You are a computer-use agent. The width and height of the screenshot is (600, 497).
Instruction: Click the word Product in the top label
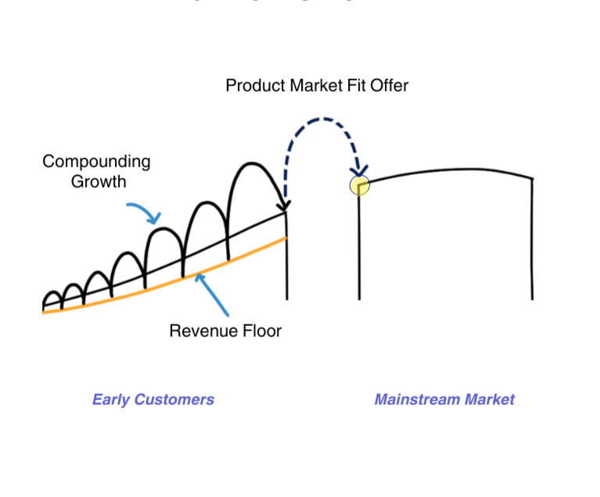pos(254,85)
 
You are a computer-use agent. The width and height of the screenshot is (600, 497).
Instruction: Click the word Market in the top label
pos(318,85)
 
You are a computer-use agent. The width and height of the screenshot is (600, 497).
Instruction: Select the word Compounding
pos(96,163)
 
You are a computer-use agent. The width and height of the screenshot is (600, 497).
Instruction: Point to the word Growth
pos(99,181)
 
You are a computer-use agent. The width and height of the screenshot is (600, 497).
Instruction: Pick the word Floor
pos(261,331)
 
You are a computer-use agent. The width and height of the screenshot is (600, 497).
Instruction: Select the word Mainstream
pos(417,399)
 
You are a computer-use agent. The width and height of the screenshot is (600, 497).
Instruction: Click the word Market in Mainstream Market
pos(490,399)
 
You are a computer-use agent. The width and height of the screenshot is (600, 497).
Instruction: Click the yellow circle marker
pos(359,185)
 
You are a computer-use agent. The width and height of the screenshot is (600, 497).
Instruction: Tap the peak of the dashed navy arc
pos(321,120)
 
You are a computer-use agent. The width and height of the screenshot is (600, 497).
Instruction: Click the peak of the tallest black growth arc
pos(252,163)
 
